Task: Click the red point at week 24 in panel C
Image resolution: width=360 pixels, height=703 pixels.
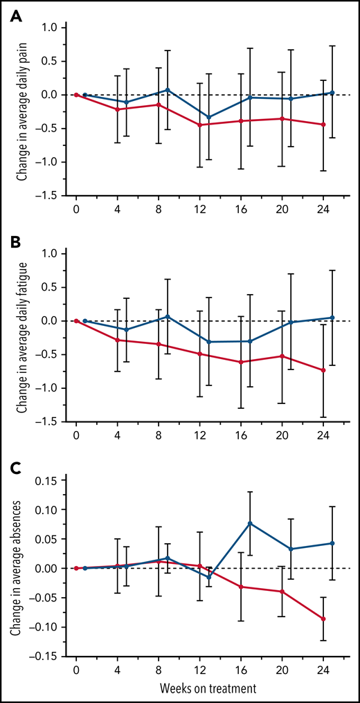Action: (x=323, y=619)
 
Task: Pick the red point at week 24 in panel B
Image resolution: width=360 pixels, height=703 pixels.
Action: (x=323, y=370)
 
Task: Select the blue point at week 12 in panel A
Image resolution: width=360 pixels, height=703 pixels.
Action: (x=209, y=117)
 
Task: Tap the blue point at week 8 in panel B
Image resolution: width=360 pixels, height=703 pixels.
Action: (x=168, y=316)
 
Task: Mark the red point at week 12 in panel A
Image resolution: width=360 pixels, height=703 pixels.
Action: (x=200, y=125)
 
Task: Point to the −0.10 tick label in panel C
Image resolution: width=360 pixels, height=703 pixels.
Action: (x=48, y=627)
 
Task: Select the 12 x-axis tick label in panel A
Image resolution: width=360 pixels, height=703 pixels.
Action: (x=200, y=207)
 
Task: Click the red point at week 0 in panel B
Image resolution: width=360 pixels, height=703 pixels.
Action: (x=76, y=321)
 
